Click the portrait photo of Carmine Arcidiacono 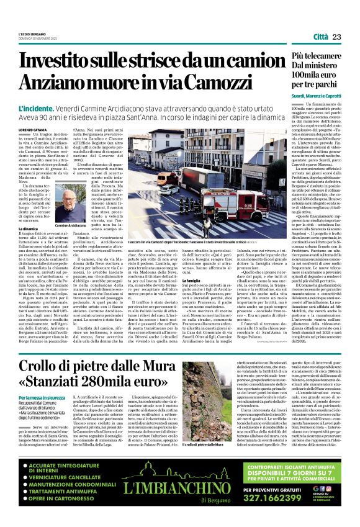(x=66, y=201)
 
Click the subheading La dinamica (x=29, y=229)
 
